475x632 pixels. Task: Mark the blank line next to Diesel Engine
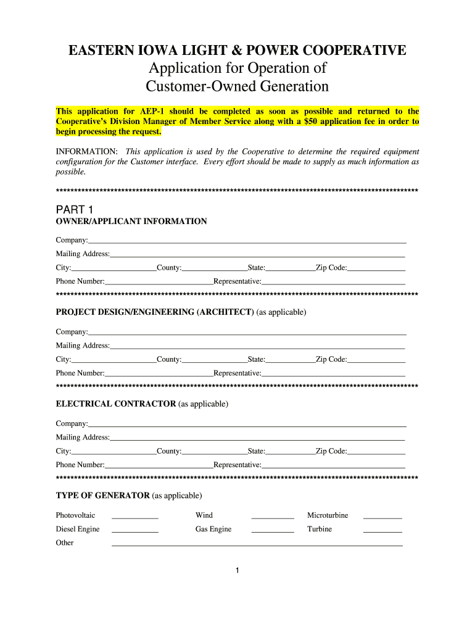pos(134,531)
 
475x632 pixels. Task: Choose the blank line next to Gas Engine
pos(272,531)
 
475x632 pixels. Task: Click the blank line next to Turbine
pos(382,531)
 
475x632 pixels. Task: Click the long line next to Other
pos(256,544)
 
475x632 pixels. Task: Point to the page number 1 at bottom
pos(237,570)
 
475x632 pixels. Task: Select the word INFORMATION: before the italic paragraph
pos(87,152)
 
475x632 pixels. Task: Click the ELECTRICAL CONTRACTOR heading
pos(116,404)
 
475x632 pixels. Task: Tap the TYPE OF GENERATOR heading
pos(102,496)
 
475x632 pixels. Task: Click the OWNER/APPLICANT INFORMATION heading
pos(131,222)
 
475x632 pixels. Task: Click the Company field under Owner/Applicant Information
pos(247,241)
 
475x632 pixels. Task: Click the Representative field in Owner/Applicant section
pos(332,282)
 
